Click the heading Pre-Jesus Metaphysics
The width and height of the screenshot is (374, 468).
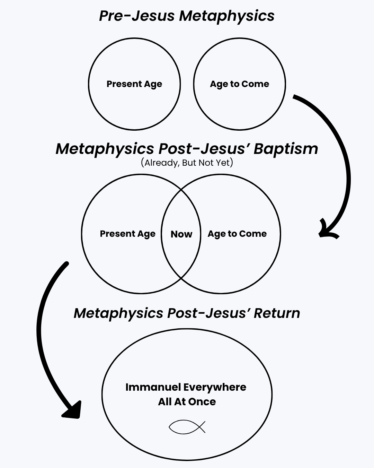(187, 16)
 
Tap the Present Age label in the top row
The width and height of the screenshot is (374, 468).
(134, 84)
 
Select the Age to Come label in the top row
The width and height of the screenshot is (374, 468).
(239, 84)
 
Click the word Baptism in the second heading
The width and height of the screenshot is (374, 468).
(286, 149)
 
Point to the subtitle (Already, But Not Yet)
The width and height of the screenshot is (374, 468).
(187, 163)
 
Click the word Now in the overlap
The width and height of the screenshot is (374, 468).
(181, 234)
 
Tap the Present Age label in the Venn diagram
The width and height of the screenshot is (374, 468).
(127, 234)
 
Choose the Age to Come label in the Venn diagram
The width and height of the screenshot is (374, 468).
(237, 234)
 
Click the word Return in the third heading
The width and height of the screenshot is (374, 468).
(277, 313)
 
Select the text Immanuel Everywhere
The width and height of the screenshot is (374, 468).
(186, 387)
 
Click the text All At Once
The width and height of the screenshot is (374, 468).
(187, 402)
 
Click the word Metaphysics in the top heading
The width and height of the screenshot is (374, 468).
(227, 16)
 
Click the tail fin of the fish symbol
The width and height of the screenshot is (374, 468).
(202, 427)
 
